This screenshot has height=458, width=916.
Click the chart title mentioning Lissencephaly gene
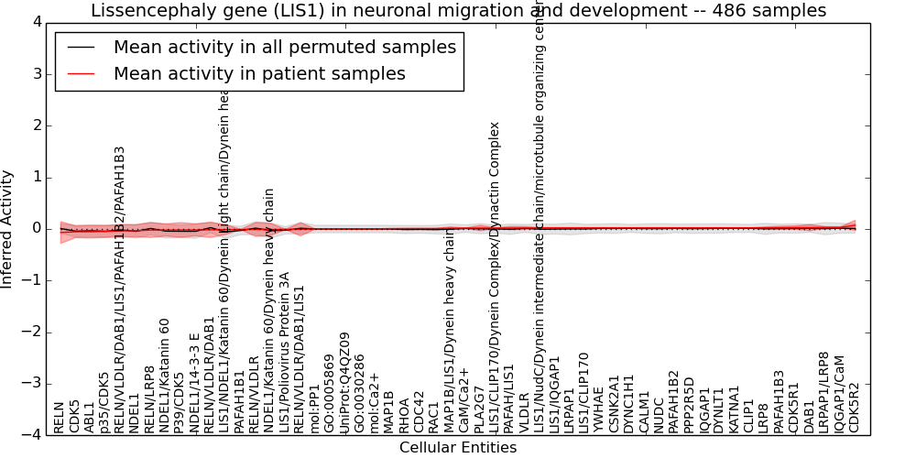click(458, 11)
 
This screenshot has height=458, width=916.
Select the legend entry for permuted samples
click(284, 47)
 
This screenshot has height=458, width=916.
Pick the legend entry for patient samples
click(259, 73)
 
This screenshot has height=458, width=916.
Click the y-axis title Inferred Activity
click(8, 229)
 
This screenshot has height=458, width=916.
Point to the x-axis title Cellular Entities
click(458, 448)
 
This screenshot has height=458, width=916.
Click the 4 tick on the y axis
click(36, 22)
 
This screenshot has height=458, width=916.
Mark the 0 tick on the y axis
click(36, 229)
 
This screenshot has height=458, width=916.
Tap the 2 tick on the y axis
click(36, 125)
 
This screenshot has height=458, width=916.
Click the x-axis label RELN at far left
click(60, 417)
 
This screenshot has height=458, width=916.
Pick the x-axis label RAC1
click(434, 417)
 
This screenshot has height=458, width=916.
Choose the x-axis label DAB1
click(810, 418)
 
